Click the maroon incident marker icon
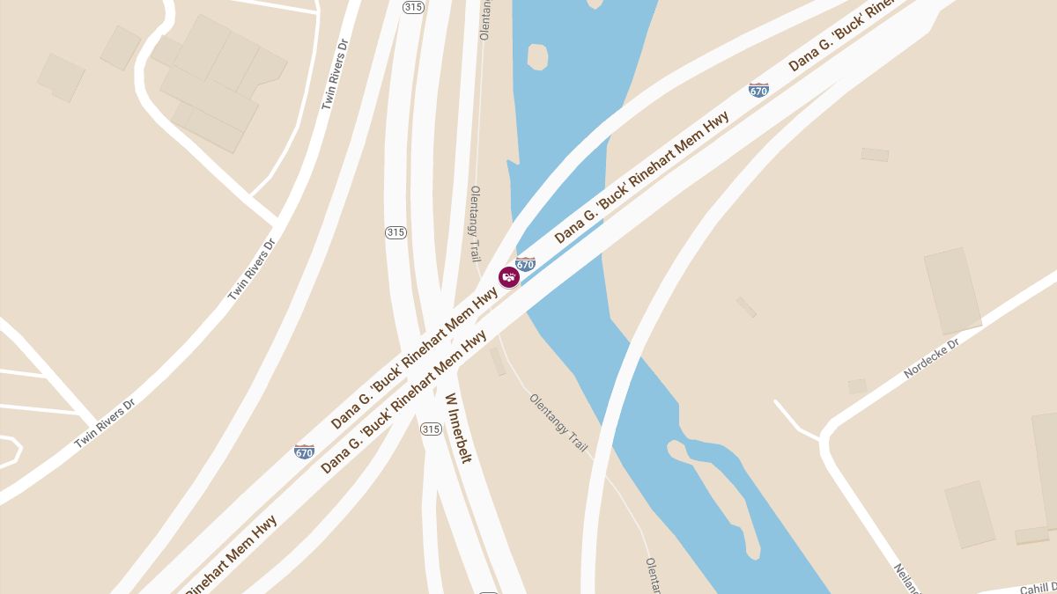[x=509, y=277]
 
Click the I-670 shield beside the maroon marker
[x=526, y=263]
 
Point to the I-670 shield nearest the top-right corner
[x=758, y=89]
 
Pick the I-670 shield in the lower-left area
[x=305, y=451]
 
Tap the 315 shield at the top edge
[x=412, y=7]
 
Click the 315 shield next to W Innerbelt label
[x=430, y=429]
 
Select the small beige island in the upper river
[x=537, y=56]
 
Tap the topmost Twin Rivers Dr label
[x=335, y=74]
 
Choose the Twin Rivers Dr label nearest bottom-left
[x=105, y=424]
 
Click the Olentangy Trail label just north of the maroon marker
[x=476, y=224]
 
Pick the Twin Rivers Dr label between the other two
[x=252, y=269]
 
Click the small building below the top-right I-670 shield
[x=875, y=155]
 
